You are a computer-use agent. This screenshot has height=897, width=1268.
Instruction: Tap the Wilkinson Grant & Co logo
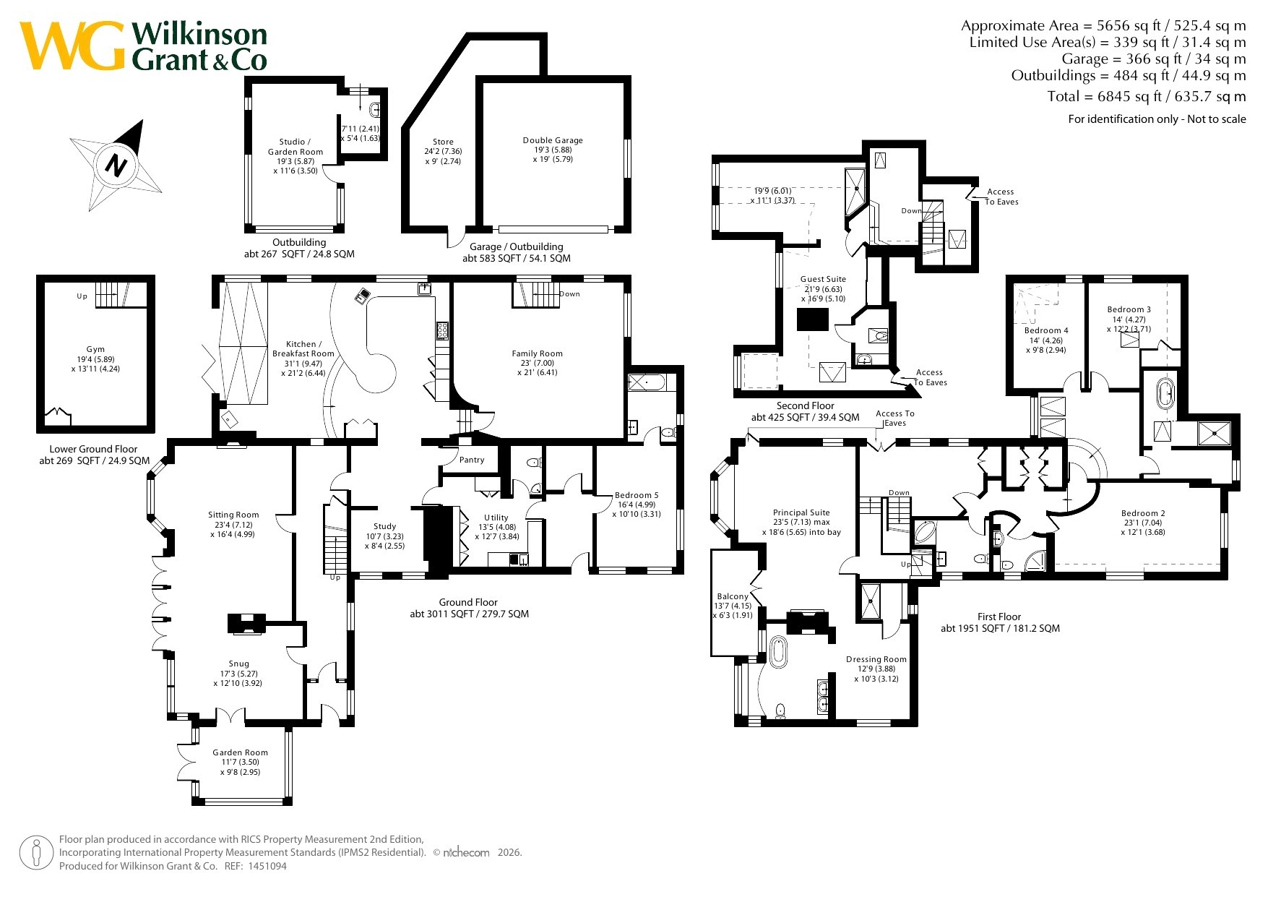(x=143, y=46)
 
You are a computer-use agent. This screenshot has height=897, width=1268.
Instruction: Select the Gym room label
(x=95, y=349)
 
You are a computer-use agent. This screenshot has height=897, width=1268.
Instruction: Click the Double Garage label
(x=553, y=140)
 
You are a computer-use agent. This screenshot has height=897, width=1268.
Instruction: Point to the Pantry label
(x=472, y=460)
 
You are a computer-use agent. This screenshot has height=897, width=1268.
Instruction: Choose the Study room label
(x=384, y=526)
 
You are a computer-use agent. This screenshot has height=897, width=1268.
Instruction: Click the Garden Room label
(x=240, y=752)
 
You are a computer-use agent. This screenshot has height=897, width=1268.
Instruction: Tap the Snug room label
(x=238, y=664)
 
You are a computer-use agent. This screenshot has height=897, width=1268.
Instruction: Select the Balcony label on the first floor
(x=733, y=596)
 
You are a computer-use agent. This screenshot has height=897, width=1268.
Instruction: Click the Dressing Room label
(x=876, y=659)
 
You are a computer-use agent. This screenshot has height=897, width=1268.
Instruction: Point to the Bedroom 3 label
(x=1129, y=309)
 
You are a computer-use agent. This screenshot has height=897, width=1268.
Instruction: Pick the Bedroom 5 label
(x=637, y=495)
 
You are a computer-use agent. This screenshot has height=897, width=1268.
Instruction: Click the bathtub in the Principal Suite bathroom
(x=778, y=652)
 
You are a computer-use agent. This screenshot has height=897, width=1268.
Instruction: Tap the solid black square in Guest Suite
(x=812, y=319)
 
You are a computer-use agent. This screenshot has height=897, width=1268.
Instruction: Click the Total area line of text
(x=1147, y=96)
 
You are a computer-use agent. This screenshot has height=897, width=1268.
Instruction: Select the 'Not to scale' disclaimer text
(x=1217, y=119)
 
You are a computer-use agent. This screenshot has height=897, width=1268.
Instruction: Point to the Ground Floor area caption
(x=469, y=608)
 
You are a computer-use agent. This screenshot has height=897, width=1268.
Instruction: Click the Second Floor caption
(x=805, y=405)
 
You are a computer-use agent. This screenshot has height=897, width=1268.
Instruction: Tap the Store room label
(x=443, y=142)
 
